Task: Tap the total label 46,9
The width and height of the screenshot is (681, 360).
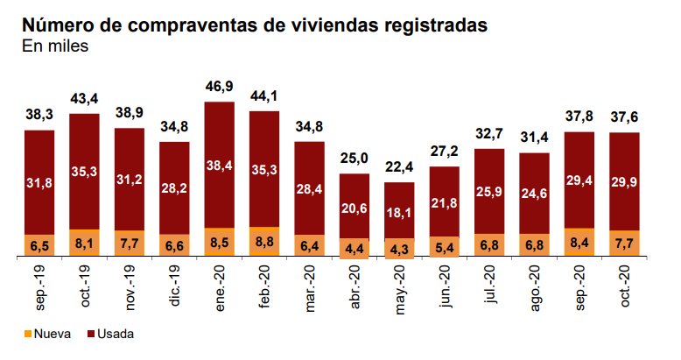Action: point(219,88)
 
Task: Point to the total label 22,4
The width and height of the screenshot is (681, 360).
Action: point(399,168)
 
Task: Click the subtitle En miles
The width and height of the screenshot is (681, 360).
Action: point(54,46)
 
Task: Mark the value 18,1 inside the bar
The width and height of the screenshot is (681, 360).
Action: point(399,213)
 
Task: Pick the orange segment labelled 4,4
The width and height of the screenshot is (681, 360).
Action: point(355,247)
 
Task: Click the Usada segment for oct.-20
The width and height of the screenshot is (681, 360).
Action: point(624,180)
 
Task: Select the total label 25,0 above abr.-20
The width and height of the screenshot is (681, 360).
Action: point(355,159)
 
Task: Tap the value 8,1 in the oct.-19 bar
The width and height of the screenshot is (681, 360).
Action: point(84,243)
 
